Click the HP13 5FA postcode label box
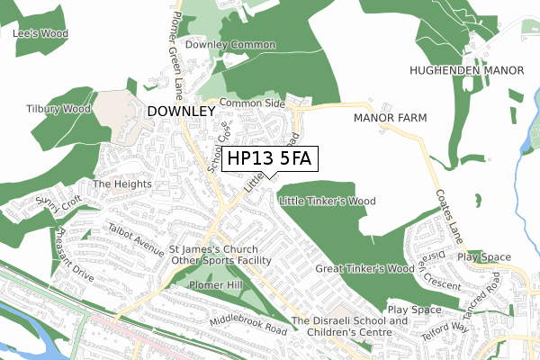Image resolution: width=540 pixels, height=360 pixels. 269,158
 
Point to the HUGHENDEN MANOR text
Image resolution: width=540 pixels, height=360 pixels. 466,70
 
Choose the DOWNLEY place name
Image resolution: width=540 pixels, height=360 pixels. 180,111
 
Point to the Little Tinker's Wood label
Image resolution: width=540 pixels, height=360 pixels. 328,201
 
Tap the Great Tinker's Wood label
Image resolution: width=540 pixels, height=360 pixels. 364,268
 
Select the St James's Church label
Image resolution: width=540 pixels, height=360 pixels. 214,249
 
